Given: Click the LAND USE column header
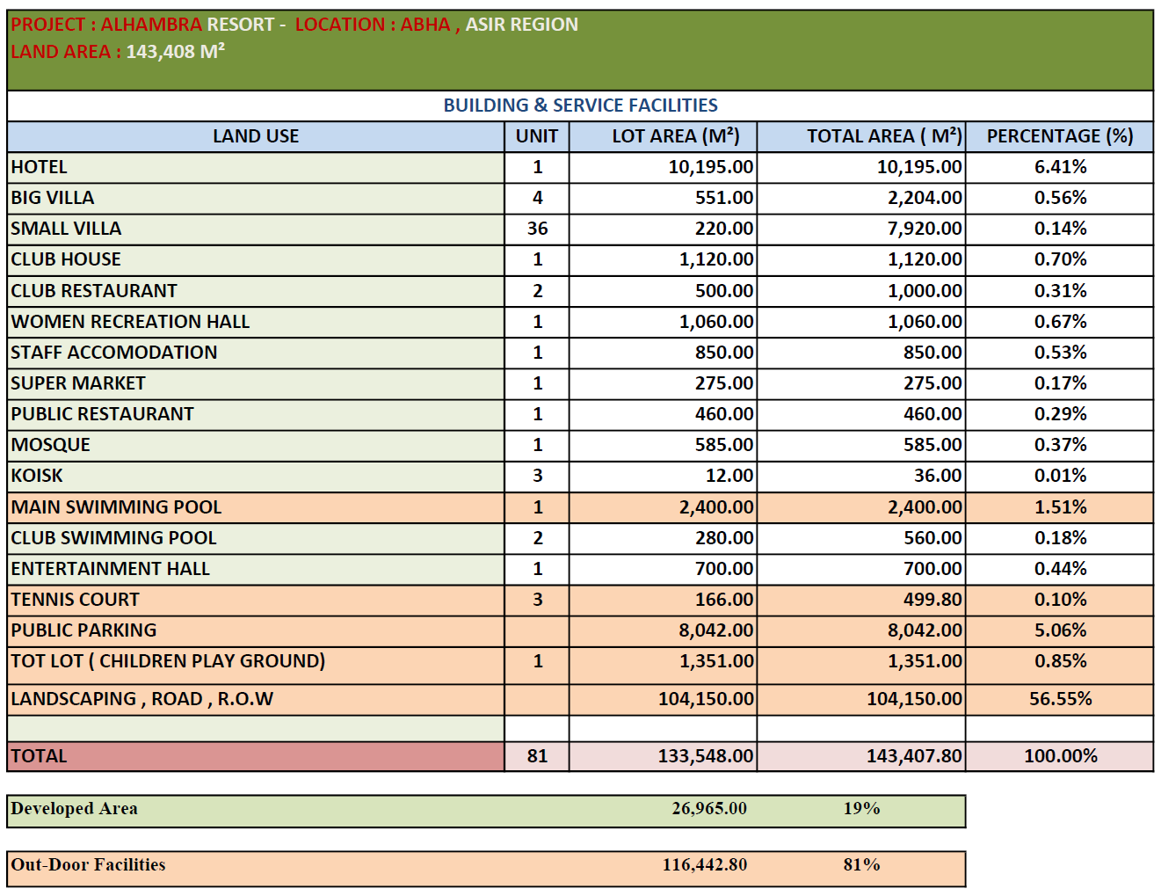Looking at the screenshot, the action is tap(256, 136).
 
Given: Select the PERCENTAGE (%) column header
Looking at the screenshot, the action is tap(1059, 136).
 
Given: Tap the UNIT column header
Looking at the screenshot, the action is tap(536, 136).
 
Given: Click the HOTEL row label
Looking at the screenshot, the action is tap(39, 167).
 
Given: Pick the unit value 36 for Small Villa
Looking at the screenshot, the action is tap(537, 229).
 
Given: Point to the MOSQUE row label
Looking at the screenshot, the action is tap(51, 445).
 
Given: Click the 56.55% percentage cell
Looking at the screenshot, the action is tap(1060, 699).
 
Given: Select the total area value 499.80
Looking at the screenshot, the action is tap(932, 600).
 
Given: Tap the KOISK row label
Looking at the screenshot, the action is tap(37, 476).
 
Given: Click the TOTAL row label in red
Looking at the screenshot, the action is tap(39, 756).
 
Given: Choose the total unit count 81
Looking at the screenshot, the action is tap(537, 756).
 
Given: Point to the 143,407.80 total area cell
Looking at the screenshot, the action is tap(914, 756).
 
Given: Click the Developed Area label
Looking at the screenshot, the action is tap(75, 808).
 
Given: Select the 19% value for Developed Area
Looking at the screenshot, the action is tap(861, 808).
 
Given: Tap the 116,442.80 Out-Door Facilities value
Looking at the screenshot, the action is tap(705, 864).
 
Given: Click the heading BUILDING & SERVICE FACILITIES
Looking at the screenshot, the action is tap(580, 106).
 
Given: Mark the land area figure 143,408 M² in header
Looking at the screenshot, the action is tap(175, 51).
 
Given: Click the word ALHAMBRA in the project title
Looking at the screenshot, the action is tap(151, 25).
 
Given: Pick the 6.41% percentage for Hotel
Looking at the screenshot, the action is tap(1060, 167).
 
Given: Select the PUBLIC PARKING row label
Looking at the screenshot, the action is tap(83, 630).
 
